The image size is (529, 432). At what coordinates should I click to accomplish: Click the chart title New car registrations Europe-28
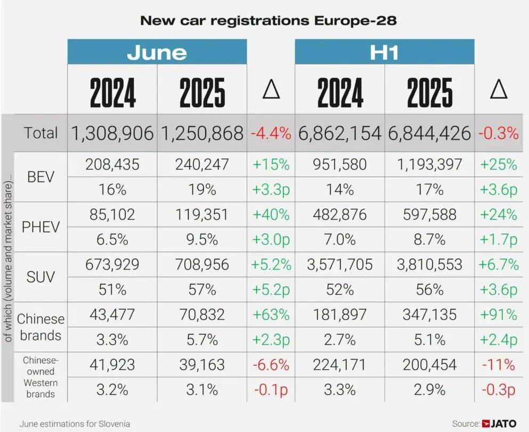(268, 20)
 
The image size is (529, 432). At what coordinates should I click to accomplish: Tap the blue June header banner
(157, 52)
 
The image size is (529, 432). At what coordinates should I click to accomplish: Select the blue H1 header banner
(385, 52)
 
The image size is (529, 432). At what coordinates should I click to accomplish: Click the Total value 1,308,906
(112, 133)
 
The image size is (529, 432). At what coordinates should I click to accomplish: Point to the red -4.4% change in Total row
(271, 133)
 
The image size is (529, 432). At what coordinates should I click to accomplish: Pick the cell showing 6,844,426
(429, 133)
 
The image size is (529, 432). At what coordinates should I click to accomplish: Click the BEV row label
(40, 177)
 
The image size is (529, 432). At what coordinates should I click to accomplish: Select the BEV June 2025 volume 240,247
(202, 164)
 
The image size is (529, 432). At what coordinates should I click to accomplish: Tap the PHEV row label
(40, 227)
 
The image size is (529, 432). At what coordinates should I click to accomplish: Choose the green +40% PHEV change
(271, 214)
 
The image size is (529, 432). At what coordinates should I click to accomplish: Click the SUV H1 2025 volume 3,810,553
(429, 265)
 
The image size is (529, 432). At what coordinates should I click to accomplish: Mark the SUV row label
(40, 277)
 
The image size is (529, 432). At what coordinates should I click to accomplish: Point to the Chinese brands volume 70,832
(202, 315)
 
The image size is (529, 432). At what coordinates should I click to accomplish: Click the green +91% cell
(498, 315)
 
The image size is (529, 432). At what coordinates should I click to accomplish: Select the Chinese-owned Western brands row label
(40, 377)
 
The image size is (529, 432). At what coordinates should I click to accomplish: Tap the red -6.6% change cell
(271, 365)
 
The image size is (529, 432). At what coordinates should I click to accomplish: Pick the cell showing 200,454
(429, 365)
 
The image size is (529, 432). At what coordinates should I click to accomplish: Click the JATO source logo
(500, 423)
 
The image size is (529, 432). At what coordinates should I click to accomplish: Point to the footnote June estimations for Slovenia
(75, 424)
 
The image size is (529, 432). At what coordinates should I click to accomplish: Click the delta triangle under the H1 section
(499, 90)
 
